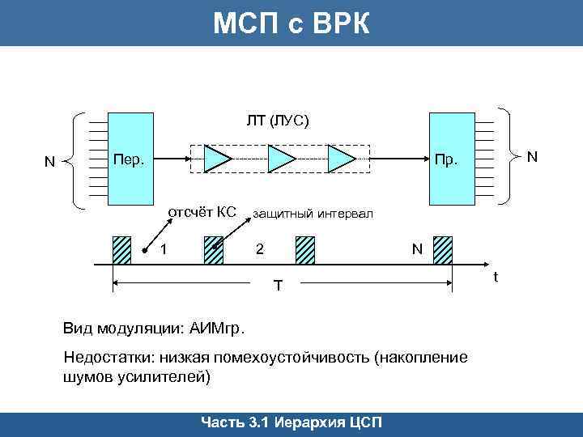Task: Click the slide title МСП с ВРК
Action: point(291,23)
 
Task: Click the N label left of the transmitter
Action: point(49,162)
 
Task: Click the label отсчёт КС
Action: point(201,213)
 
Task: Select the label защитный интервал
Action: point(313,214)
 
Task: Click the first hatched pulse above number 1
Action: point(121,250)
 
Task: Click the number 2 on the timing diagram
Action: point(259,249)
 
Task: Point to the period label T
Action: point(278,286)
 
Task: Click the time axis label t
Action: point(496,278)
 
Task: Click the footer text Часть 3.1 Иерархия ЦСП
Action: point(291,424)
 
